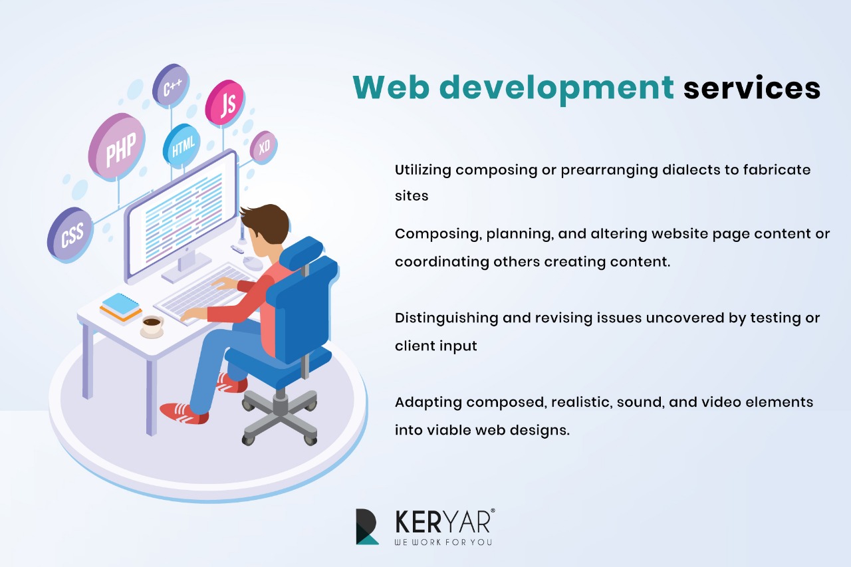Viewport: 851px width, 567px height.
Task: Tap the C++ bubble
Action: (171, 86)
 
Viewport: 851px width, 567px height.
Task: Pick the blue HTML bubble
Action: (182, 146)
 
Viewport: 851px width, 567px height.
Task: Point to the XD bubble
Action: (263, 148)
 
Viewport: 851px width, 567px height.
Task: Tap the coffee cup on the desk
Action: (152, 326)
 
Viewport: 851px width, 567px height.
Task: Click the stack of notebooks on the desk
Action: (121, 308)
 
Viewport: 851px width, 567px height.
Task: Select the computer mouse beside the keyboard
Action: (253, 263)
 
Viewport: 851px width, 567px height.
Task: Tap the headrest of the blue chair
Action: (301, 251)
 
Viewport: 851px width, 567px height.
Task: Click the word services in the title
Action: (752, 88)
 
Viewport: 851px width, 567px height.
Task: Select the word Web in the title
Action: (392, 88)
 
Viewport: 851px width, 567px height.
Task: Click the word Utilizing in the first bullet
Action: (423, 170)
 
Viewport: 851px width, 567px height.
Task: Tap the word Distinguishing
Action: (446, 318)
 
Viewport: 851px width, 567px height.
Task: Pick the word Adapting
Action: (428, 403)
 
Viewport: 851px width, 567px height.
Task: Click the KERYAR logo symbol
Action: (367, 526)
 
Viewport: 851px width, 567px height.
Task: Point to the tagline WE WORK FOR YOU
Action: (443, 542)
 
